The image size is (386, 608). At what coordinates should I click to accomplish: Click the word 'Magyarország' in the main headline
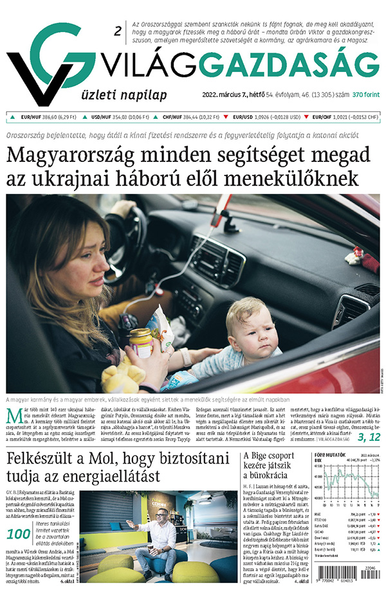78,157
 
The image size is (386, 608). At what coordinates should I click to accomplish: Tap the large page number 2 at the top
117,30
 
